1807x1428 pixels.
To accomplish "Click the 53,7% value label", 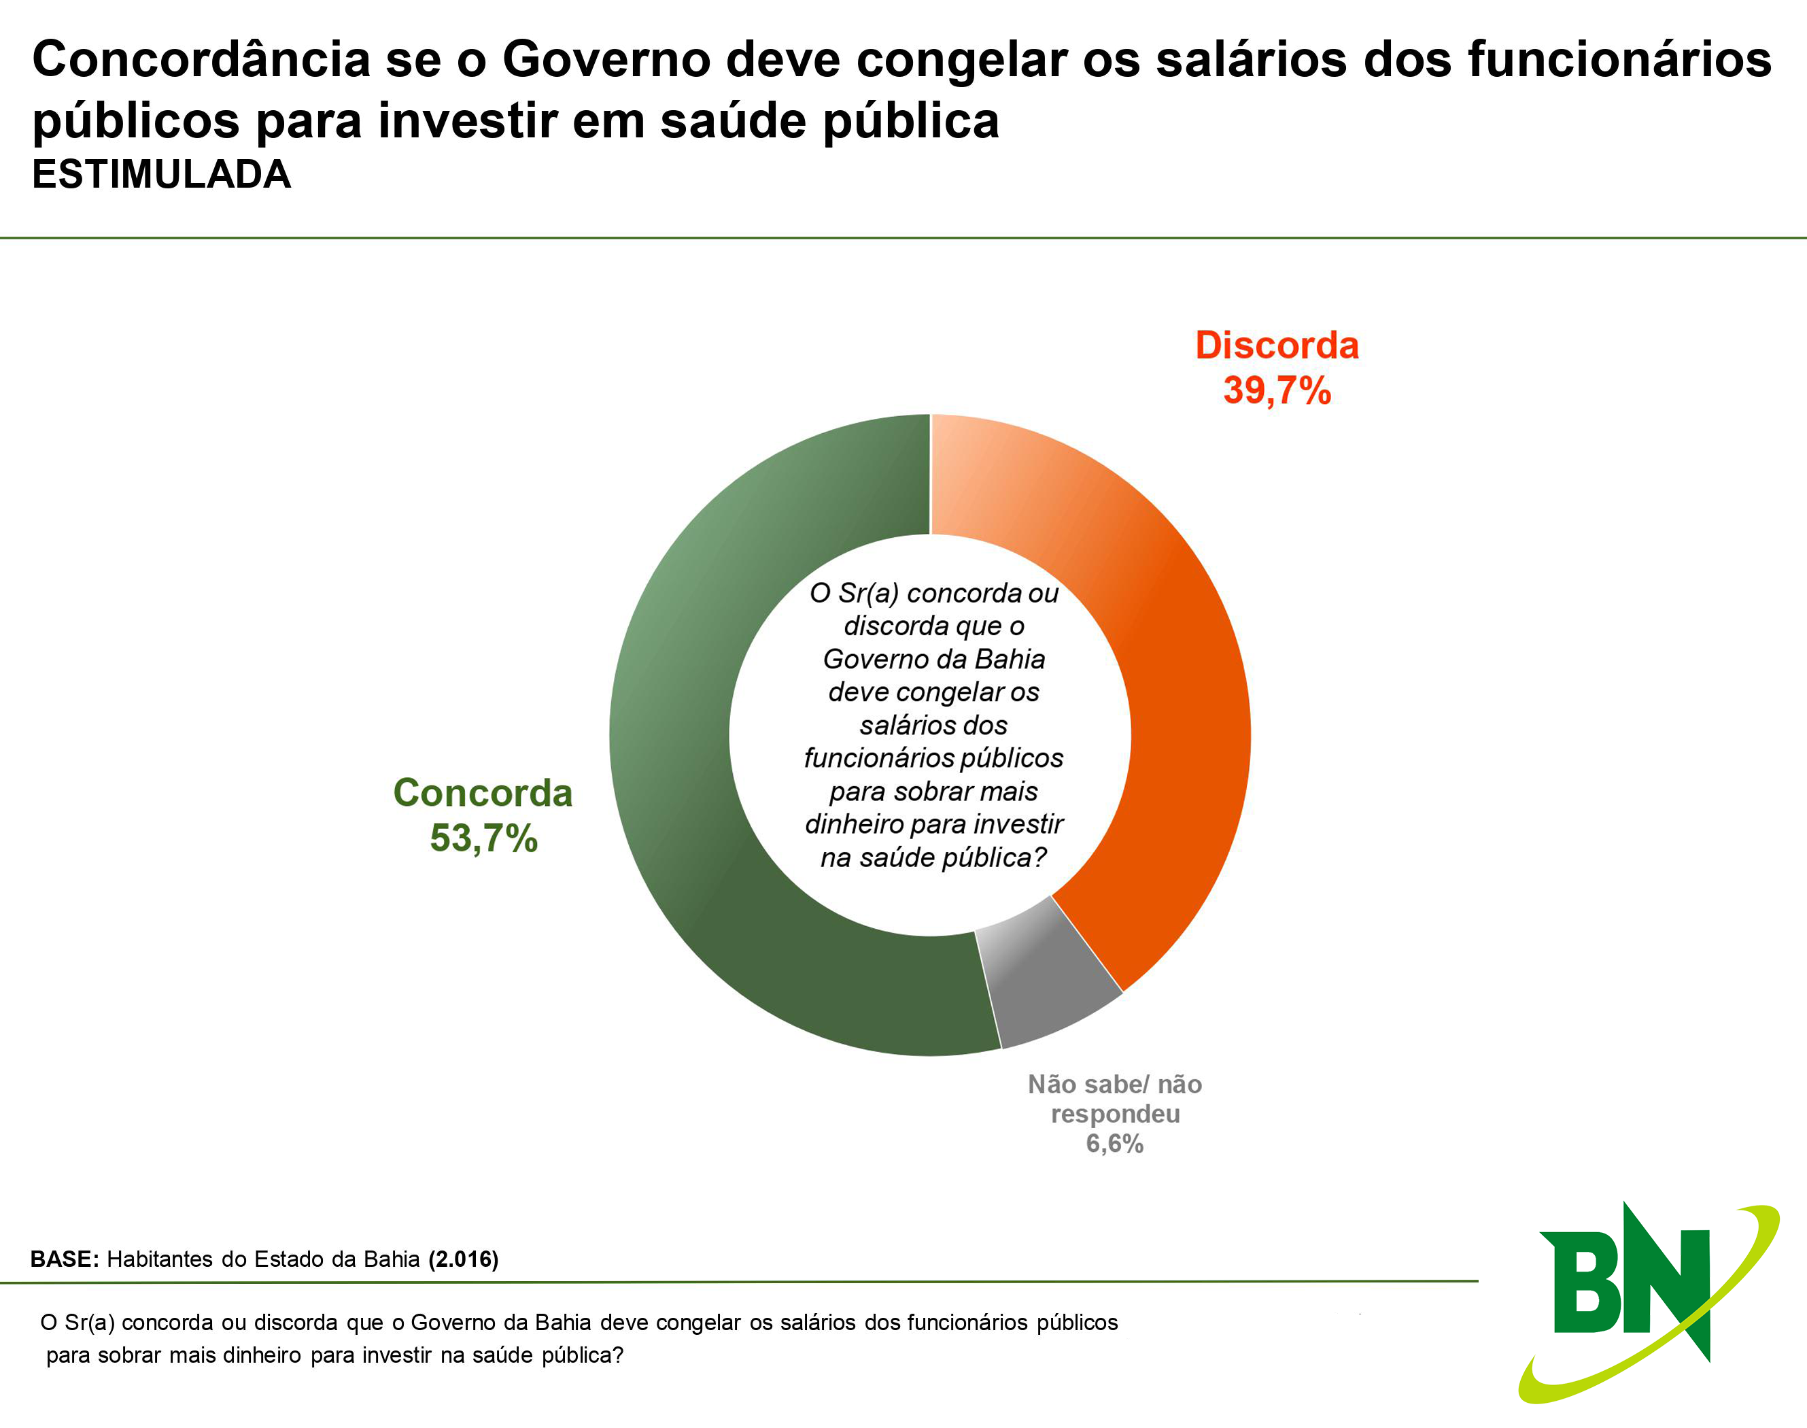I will click(484, 838).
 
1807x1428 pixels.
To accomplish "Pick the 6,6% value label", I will click(1114, 1144).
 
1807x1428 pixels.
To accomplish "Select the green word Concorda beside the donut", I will click(483, 794).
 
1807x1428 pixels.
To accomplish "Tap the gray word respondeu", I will click(1115, 1114).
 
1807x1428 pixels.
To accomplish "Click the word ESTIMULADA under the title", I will click(161, 175).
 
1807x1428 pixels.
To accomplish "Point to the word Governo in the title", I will click(606, 61).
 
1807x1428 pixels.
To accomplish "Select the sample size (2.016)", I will click(463, 1259).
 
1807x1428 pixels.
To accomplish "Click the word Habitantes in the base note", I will click(159, 1259).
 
